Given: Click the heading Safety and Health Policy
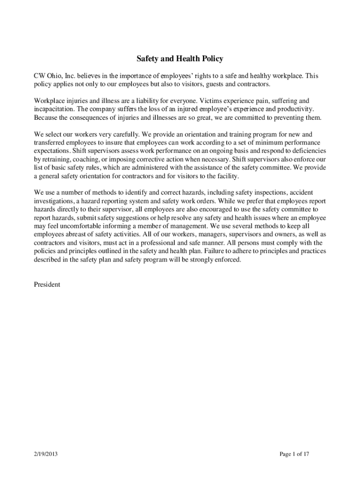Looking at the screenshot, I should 180,59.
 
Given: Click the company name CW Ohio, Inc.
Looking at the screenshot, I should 54,76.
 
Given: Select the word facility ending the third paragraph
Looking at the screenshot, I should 227,176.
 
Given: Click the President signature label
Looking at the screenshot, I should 47,284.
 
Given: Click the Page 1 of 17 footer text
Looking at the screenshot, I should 294,453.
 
